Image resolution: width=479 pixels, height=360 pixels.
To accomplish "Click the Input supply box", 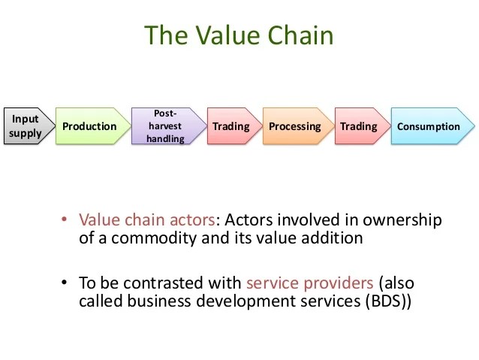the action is tap(25, 126).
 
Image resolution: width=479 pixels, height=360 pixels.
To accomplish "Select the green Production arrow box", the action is tap(89, 126).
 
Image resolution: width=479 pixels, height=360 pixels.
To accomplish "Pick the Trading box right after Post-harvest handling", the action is tap(230, 126).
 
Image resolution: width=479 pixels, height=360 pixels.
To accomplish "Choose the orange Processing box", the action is tap(294, 126).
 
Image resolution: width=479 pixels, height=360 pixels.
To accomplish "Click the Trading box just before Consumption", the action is tap(358, 126).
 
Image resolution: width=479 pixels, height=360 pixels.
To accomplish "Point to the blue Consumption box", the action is tap(428, 126).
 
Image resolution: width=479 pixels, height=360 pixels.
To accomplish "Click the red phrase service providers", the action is tap(309, 283).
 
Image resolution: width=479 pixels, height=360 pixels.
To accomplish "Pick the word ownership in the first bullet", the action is tap(406, 220).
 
